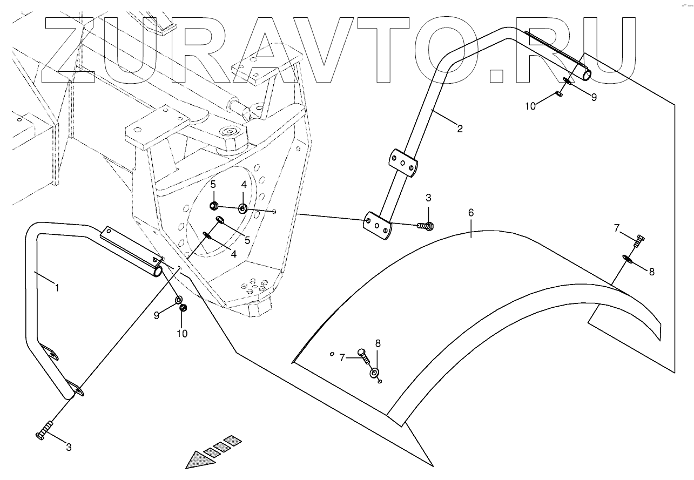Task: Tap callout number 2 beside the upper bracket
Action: (x=460, y=129)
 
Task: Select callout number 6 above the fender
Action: (x=471, y=213)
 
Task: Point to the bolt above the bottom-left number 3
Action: (x=44, y=430)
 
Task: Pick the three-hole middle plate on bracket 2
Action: (x=402, y=163)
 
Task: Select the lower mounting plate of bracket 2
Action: (x=377, y=226)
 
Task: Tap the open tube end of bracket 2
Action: (x=586, y=75)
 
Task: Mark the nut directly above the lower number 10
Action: (x=183, y=308)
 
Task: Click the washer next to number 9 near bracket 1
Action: (x=178, y=300)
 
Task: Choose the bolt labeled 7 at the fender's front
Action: (x=363, y=355)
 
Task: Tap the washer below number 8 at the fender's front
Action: (x=374, y=373)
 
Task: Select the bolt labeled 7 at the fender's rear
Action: (x=637, y=241)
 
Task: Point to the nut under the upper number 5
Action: (x=213, y=206)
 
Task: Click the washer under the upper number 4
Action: (x=243, y=208)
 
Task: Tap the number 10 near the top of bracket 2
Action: (x=530, y=106)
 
